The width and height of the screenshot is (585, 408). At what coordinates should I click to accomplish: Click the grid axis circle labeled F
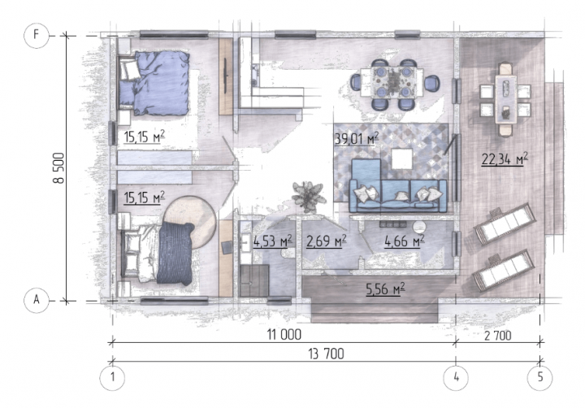click(37, 36)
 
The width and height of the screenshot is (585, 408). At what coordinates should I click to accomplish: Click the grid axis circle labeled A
click(37, 300)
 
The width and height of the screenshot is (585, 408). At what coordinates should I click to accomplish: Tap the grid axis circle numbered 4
click(456, 378)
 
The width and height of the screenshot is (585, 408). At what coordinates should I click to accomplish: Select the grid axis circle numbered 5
click(539, 378)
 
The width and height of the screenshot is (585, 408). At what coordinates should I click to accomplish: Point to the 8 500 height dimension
click(59, 168)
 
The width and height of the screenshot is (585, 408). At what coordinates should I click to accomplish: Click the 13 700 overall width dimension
click(326, 354)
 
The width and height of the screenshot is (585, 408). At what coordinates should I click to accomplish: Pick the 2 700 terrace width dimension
click(498, 336)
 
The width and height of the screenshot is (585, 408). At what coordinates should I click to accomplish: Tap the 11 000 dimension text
click(284, 335)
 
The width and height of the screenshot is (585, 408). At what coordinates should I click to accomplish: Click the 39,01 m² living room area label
click(357, 139)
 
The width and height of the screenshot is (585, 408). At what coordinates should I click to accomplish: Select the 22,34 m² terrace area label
click(505, 159)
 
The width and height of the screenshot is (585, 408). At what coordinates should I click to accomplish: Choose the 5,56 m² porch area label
click(385, 289)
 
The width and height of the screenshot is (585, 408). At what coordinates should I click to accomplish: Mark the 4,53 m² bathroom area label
click(272, 241)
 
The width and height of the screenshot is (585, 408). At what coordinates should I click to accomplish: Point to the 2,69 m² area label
click(326, 241)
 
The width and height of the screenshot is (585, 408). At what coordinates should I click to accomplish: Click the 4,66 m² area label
click(405, 241)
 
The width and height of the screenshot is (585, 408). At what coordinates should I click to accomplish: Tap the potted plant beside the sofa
click(309, 197)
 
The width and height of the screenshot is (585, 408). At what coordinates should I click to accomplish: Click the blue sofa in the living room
click(397, 186)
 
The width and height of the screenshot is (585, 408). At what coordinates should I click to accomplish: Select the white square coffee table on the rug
click(402, 158)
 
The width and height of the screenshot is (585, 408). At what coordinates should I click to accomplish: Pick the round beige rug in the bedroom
click(190, 223)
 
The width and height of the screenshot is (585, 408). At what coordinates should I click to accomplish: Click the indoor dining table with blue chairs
click(392, 83)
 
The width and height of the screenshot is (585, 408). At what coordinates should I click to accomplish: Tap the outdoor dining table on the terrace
click(505, 99)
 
